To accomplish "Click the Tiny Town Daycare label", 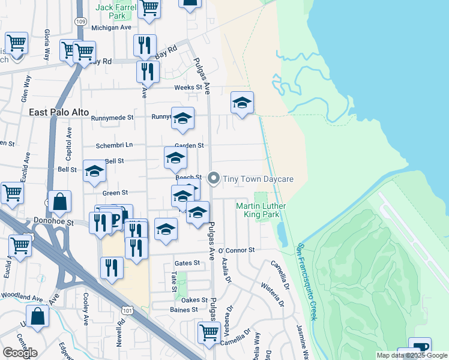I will pos(258,179).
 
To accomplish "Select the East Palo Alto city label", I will pos(59,112).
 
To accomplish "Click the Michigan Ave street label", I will pos(111,28).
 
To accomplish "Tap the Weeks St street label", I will pos(188,88).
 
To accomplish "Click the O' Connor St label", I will pos(237,250).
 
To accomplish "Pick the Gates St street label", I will pos(187,263).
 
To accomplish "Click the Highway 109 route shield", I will pos(80,21).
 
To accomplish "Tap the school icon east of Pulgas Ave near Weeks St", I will pos(242,103).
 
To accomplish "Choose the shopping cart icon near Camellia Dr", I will pos(208,333).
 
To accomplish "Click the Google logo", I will pos(20,353).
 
